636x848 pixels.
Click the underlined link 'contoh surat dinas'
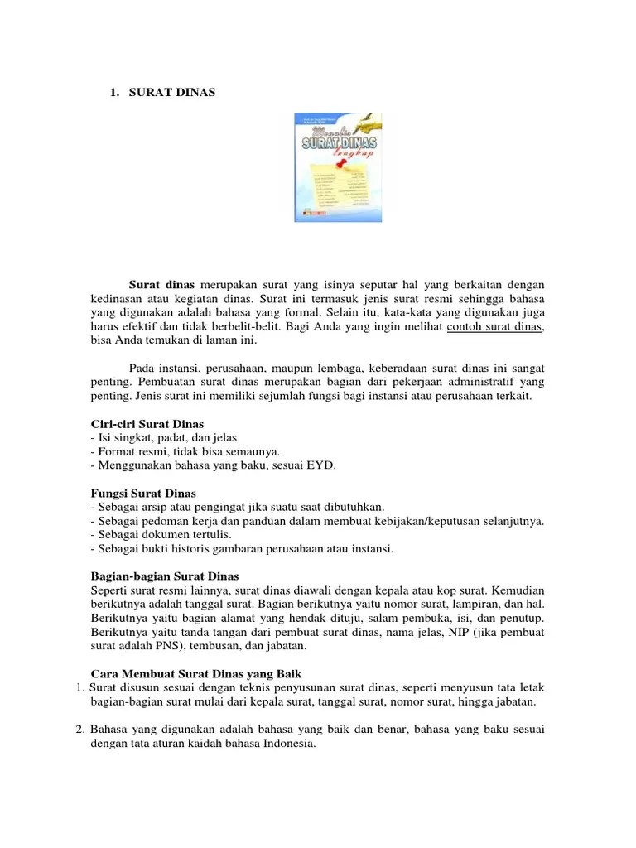(494, 327)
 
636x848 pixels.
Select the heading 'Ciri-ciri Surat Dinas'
(147, 424)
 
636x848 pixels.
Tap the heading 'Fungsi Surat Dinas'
(142, 494)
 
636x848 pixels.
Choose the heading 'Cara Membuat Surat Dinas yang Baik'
(190, 673)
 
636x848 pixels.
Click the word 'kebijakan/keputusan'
(436, 521)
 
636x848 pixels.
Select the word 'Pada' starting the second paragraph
(142, 369)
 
